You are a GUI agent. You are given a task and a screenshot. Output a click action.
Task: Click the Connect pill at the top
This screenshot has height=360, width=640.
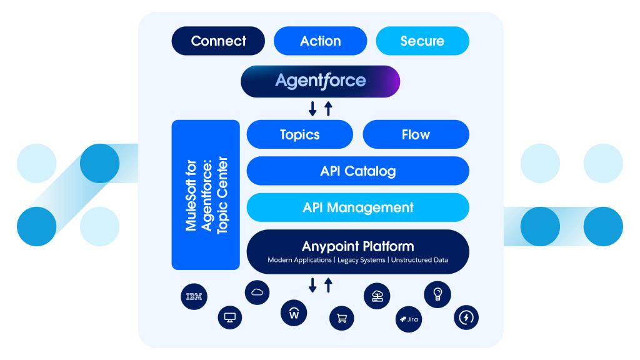[218, 41]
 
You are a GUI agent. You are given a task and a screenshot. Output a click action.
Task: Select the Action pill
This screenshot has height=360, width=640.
[320, 41]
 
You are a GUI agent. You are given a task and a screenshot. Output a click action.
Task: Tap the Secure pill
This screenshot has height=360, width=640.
[422, 41]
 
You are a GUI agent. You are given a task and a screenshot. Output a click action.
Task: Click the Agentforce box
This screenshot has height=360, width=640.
[320, 81]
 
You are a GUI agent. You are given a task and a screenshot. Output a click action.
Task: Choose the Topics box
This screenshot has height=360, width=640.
[300, 134]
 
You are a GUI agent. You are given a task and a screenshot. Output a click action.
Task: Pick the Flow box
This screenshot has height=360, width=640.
[416, 134]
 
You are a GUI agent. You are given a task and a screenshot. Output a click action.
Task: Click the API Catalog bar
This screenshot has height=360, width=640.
[357, 171]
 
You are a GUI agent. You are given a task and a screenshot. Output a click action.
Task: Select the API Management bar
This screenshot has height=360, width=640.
[357, 207]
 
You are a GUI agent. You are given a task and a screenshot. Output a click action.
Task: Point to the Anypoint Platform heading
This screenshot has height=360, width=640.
[357, 246]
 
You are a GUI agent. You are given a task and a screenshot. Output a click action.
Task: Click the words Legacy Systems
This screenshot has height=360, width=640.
[361, 260]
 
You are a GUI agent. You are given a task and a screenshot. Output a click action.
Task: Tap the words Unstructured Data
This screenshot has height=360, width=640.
[419, 260]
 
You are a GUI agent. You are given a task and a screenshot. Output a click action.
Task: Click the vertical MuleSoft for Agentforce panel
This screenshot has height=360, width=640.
[206, 195]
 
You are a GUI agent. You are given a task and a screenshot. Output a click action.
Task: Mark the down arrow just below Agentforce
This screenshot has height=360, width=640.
[312, 109]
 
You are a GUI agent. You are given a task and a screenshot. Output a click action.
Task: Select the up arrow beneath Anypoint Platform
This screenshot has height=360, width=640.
[328, 286]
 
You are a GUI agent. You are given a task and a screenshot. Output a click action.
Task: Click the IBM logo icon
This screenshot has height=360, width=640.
[194, 297]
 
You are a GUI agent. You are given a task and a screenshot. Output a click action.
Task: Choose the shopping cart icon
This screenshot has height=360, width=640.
[342, 318]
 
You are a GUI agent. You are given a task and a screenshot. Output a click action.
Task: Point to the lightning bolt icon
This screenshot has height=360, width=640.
[466, 317]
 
